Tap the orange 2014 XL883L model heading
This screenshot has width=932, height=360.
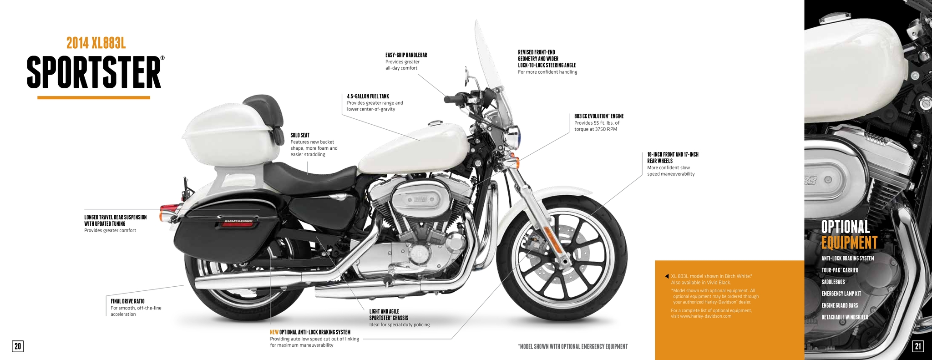click(x=96, y=43)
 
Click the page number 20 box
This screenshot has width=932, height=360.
click(x=17, y=346)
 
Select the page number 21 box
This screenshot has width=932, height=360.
click(x=917, y=346)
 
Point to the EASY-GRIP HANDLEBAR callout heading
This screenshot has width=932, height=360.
click(x=406, y=56)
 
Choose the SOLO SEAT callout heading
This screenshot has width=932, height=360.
click(x=300, y=135)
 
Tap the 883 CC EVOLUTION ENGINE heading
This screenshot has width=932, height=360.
click(x=598, y=117)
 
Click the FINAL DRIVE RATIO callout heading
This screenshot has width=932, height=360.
click(x=127, y=301)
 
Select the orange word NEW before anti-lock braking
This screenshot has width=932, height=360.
click(x=274, y=332)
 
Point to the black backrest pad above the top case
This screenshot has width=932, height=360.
click(x=263, y=106)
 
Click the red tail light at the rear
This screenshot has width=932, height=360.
click(x=165, y=213)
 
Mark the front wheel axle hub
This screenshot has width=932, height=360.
click(x=564, y=261)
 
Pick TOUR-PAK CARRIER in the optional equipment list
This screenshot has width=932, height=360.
click(x=840, y=270)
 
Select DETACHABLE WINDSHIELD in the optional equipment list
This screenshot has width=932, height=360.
click(x=845, y=317)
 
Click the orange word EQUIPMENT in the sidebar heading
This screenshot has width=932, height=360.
click(x=849, y=243)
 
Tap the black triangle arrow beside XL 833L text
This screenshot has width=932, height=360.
click(x=667, y=276)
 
